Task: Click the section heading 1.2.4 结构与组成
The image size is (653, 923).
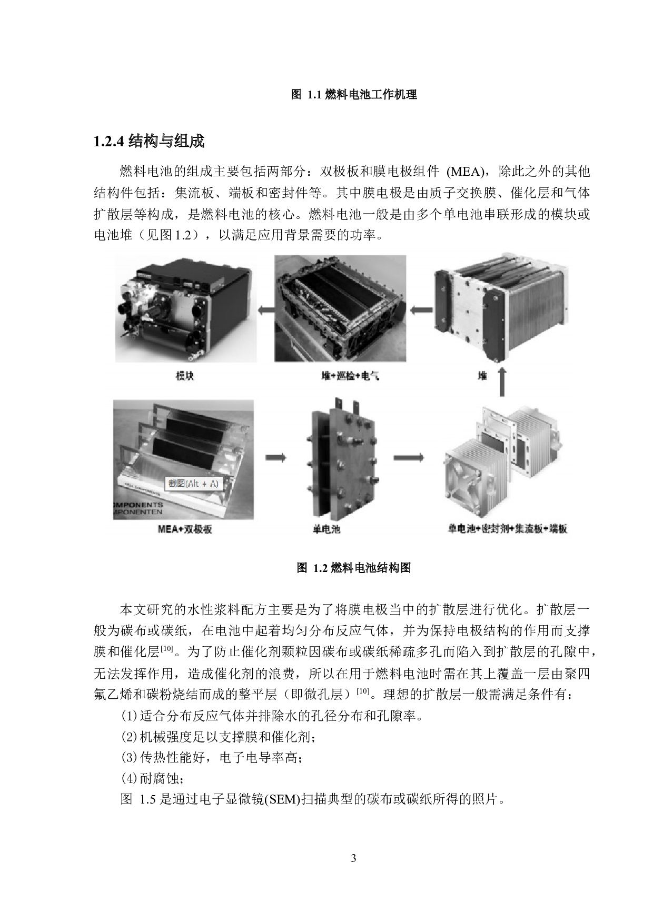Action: click(x=149, y=142)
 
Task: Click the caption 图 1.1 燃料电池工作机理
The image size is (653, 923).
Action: click(x=354, y=95)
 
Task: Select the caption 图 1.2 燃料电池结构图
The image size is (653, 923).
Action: click(x=354, y=568)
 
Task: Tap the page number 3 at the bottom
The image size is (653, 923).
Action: click(x=353, y=859)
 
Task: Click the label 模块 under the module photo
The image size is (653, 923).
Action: click(x=185, y=376)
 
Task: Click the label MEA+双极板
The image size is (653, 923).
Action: click(x=184, y=529)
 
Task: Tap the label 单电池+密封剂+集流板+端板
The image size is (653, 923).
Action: click(x=507, y=529)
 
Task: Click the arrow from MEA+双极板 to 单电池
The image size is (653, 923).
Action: click(x=276, y=458)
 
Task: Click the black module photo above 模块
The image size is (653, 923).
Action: click(x=185, y=309)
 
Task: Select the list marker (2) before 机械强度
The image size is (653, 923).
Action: click(x=130, y=737)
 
